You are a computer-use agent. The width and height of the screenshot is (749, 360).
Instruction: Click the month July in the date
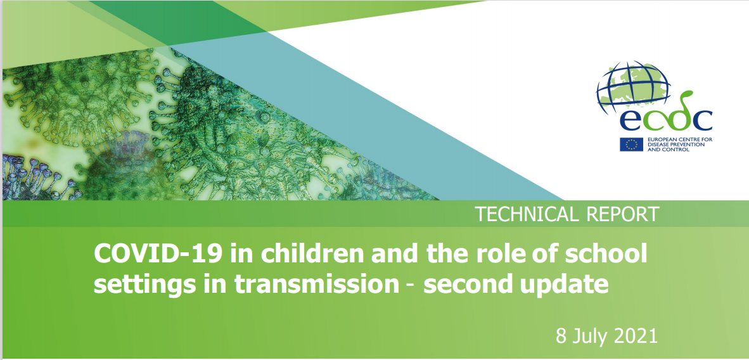591,338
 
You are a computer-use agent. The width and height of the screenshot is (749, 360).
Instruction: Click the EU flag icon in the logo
632,144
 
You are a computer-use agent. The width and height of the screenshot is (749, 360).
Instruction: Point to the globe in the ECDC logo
634,87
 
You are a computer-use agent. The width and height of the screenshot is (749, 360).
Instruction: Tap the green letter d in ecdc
676,112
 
